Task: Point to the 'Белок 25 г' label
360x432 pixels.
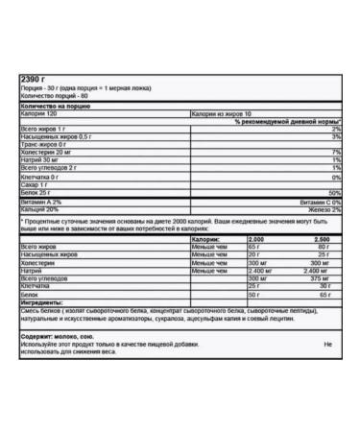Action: pos(38,192)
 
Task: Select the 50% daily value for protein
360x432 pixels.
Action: pos(333,192)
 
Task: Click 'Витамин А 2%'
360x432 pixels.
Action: pos(42,202)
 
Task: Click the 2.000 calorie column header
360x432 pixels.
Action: pos(256,239)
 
